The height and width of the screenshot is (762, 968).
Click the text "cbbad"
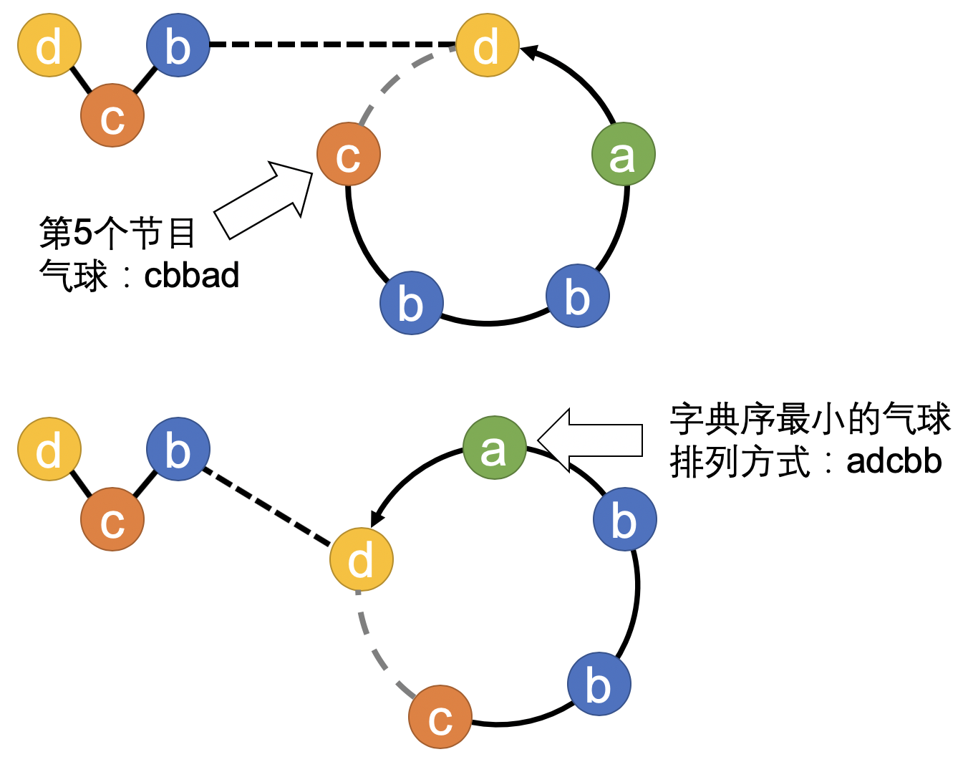[191, 276]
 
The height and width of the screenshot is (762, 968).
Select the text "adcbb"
[894, 461]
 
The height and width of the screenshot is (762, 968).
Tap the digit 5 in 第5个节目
[83, 232]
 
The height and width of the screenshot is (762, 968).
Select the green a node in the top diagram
[623, 154]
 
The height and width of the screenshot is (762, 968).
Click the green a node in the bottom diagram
[494, 448]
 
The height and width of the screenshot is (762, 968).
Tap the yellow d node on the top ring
[487, 45]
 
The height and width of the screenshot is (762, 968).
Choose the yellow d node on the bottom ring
[361, 559]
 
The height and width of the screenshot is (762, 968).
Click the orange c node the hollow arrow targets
[349, 154]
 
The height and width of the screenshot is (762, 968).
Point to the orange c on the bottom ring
[440, 717]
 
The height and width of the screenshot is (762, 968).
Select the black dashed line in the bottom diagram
[268, 504]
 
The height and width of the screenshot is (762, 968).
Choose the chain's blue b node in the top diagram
[178, 45]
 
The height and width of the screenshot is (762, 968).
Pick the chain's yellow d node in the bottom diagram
[49, 449]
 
